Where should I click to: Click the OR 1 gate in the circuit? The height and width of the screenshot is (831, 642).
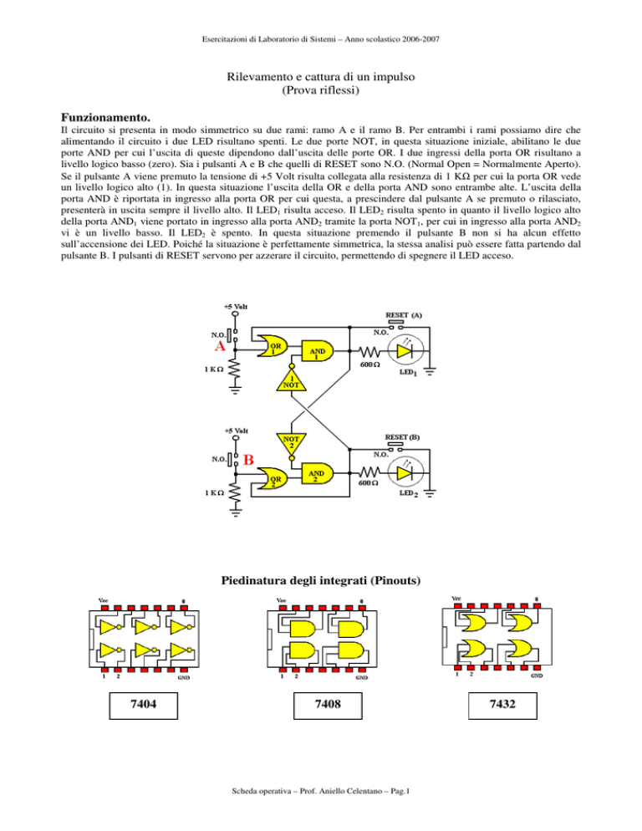(x=272, y=347)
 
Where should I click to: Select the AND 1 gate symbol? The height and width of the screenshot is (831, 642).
(x=318, y=350)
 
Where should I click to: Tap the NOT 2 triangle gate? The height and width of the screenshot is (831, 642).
(x=291, y=443)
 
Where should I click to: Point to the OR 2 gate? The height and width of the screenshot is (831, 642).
(x=272, y=480)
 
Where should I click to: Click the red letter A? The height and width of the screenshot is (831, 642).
(x=220, y=347)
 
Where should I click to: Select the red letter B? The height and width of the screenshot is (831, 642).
(x=248, y=460)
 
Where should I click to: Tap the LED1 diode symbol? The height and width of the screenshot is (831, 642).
(x=405, y=351)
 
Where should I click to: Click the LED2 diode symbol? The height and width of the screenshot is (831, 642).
(x=405, y=472)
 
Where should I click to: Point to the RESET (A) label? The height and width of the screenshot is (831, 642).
(x=404, y=315)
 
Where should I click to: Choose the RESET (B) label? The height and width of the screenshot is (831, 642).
(x=402, y=437)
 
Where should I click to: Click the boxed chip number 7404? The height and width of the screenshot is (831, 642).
(x=143, y=704)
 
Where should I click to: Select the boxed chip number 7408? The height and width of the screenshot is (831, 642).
(x=328, y=704)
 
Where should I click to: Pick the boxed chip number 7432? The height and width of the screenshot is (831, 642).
(x=502, y=704)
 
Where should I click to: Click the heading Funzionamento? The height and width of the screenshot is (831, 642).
(x=105, y=117)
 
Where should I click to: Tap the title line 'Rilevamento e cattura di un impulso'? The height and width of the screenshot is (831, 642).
(x=321, y=77)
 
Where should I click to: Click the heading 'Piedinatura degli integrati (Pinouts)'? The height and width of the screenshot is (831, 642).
(x=321, y=580)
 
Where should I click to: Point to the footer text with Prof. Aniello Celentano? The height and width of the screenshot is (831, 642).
(x=321, y=791)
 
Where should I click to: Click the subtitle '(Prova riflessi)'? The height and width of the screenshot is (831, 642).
(x=321, y=90)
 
